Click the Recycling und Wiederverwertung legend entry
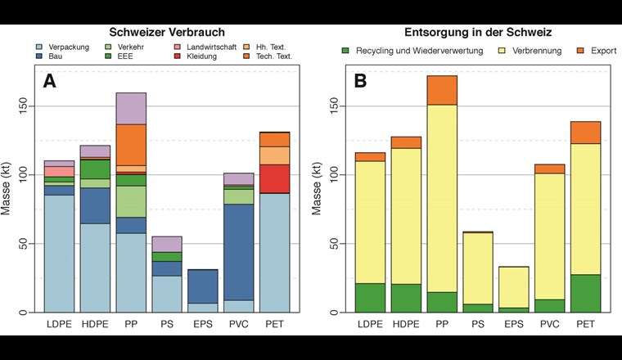406,51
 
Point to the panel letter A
51,81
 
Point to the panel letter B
360,81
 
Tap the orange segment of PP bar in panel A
131,145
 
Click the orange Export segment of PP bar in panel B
441,90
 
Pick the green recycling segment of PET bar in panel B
585,293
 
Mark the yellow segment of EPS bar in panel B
513,286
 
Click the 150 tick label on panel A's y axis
24,106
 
